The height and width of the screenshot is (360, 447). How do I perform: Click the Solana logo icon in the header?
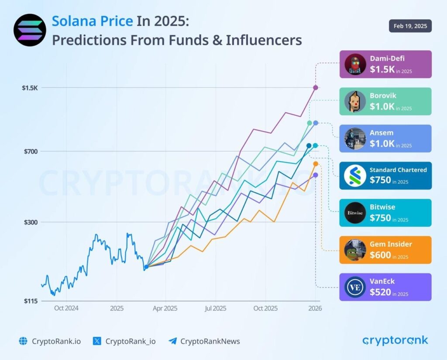[x=30, y=30]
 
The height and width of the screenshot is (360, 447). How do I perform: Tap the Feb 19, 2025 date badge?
[x=410, y=26]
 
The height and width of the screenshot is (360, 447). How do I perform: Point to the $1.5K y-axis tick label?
[x=30, y=88]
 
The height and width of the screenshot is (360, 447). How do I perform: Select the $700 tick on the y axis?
[x=31, y=152]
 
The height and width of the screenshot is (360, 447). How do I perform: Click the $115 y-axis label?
[x=31, y=301]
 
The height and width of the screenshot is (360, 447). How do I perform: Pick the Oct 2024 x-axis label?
[x=66, y=308]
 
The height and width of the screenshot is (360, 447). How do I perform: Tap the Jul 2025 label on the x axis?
[x=215, y=308]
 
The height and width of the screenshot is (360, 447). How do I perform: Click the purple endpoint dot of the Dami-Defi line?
[x=315, y=88]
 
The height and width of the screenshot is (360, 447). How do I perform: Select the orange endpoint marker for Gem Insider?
[x=316, y=164]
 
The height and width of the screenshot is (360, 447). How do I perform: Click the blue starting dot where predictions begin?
[x=146, y=267]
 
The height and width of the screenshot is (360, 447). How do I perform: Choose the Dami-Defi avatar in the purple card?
[x=355, y=64]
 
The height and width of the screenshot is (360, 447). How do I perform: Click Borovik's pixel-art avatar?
[x=355, y=101]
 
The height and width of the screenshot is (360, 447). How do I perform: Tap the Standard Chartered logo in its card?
[x=355, y=176]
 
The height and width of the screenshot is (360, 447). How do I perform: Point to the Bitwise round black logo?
[x=355, y=213]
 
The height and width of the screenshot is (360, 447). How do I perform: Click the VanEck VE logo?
[x=355, y=287]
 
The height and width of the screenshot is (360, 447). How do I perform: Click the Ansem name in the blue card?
[x=382, y=132]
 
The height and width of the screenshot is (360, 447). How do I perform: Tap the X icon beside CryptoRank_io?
[x=97, y=341]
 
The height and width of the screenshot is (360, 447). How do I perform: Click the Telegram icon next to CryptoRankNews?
[x=172, y=341]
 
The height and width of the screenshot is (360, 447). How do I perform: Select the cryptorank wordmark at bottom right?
[x=395, y=340]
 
